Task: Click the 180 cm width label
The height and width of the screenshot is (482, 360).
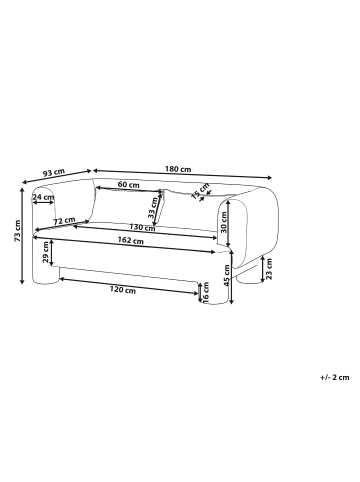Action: (x=178, y=169)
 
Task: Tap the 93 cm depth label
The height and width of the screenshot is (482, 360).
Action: (x=53, y=173)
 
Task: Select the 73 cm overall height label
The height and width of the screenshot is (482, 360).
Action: (x=17, y=231)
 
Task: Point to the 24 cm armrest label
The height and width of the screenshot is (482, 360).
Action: (x=43, y=197)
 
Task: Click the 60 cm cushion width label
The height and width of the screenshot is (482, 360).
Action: (x=129, y=185)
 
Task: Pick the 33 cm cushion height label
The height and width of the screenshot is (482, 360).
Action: (x=153, y=208)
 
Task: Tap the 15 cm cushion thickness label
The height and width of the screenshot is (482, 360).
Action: (x=200, y=191)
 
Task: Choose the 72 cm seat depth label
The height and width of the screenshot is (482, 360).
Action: (x=64, y=221)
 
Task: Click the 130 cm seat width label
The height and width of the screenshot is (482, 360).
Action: (x=142, y=228)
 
